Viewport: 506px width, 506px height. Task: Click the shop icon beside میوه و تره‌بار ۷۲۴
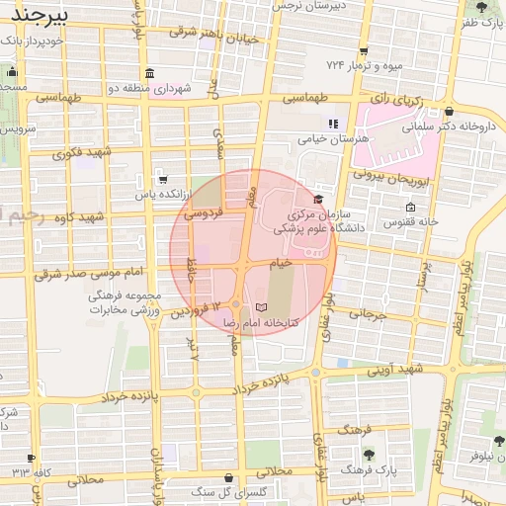pos(364,51)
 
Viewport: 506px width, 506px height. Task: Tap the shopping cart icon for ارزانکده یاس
pos(161,180)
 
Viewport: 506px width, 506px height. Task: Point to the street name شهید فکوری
pos(83,152)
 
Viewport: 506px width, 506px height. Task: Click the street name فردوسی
pos(207,212)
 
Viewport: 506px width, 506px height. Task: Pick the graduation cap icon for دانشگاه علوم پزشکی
pos(318,200)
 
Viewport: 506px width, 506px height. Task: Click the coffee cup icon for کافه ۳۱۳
pos(32,457)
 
